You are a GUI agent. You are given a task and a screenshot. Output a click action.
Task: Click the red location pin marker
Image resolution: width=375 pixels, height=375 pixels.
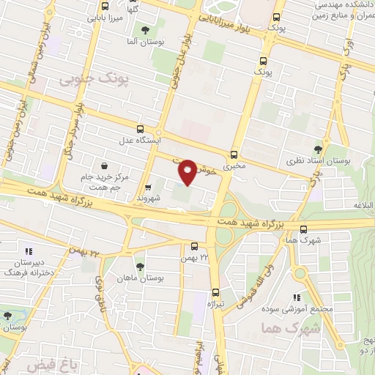pos(187,171)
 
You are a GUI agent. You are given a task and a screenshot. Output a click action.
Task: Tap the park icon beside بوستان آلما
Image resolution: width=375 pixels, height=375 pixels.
pos(144,31)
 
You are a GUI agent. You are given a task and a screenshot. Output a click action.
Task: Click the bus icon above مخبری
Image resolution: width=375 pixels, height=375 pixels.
pos(234,155)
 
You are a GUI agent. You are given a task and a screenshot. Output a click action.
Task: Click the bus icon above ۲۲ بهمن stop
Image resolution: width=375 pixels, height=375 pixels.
pos(194,247)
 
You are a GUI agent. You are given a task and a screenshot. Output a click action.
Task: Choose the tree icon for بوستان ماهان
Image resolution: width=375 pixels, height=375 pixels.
pos(140,266)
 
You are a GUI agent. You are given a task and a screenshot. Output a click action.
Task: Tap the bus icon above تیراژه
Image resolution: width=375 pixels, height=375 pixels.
pos(215,292)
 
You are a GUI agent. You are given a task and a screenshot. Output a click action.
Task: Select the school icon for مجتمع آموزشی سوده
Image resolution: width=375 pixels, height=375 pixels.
pos(297,297)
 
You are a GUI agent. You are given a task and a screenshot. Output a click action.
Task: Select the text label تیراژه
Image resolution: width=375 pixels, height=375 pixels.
pos(215,303)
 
